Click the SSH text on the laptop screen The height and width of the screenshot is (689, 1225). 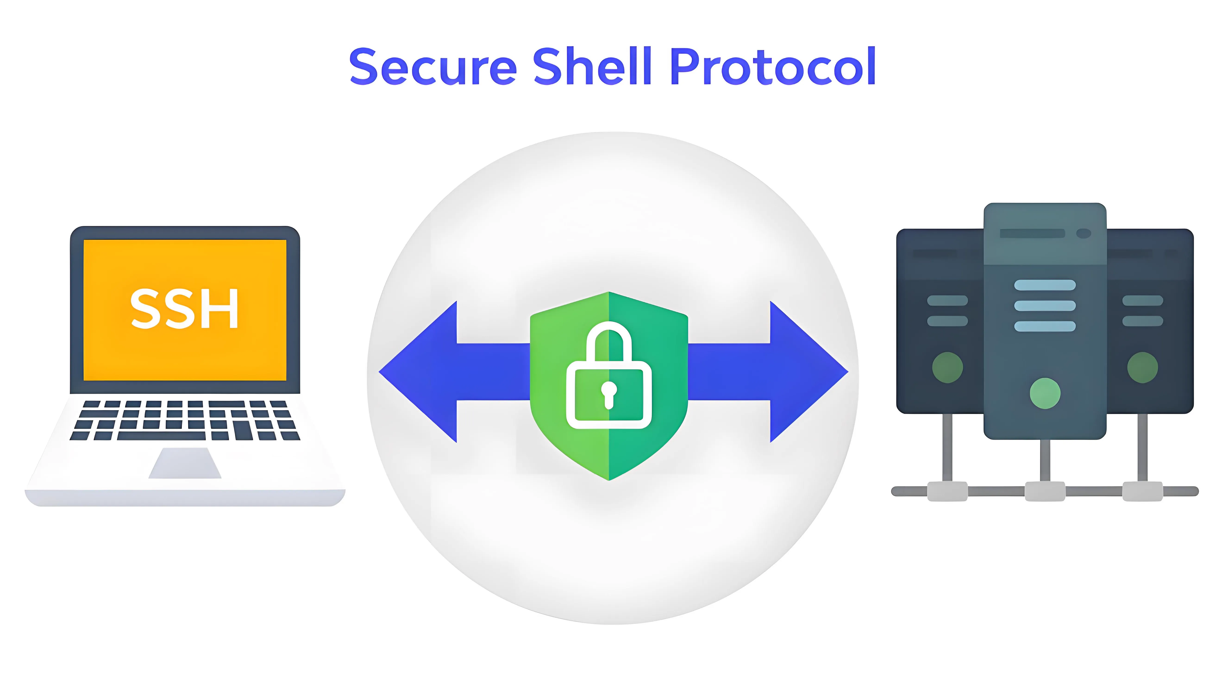(185, 309)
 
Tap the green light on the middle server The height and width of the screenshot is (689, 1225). (1045, 393)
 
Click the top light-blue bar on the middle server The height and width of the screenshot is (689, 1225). (1045, 285)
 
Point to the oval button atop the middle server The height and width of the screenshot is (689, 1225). (1084, 233)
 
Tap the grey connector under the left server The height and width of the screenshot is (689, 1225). (947, 491)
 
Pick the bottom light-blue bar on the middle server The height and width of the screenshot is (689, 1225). (1045, 326)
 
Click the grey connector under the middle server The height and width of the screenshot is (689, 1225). (1045, 491)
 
